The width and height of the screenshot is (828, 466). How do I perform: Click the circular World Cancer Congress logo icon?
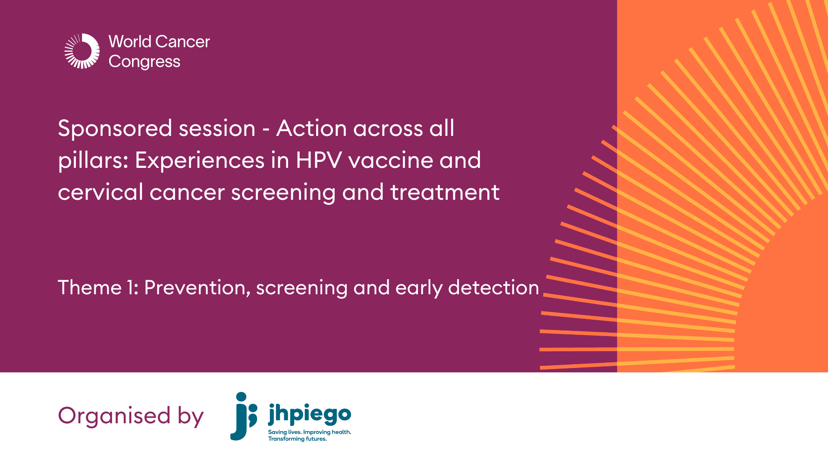pyautogui.click(x=82, y=51)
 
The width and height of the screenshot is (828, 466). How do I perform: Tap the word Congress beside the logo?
pyautogui.click(x=144, y=62)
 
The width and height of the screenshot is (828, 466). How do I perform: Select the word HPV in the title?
pyautogui.click(x=318, y=161)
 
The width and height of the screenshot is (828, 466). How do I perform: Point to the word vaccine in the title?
pyautogui.click(x=390, y=161)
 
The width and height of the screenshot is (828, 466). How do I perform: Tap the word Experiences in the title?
pyautogui.click(x=200, y=161)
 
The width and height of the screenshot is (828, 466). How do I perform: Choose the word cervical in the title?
pyautogui.click(x=100, y=192)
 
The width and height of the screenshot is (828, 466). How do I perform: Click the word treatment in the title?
pyautogui.click(x=445, y=192)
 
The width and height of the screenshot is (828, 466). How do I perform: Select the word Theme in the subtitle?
pyautogui.click(x=90, y=288)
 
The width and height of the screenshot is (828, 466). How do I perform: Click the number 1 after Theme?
pyautogui.click(x=131, y=288)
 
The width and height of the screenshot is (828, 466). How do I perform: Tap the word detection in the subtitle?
pyautogui.click(x=493, y=288)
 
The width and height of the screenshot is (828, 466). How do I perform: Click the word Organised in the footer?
pyautogui.click(x=114, y=416)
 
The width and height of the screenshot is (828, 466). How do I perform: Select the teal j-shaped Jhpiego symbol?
pyautogui.click(x=243, y=416)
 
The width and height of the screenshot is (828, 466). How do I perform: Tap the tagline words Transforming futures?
pyautogui.click(x=297, y=439)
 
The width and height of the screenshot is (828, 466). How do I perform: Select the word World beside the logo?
pyautogui.click(x=130, y=42)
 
